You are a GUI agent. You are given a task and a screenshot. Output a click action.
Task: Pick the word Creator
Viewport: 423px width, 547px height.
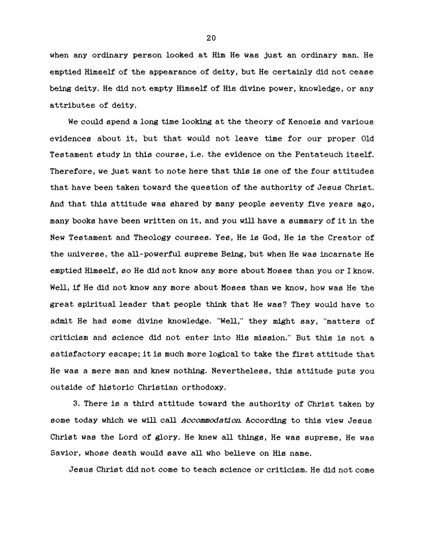(346, 238)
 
